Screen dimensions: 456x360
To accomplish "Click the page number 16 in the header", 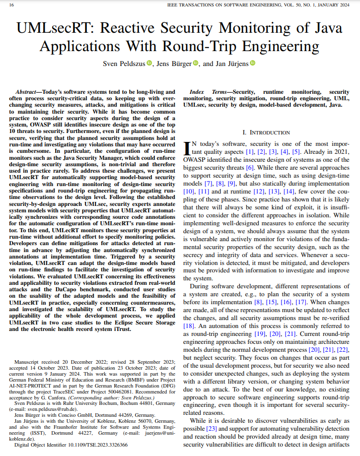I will tap(11, 4).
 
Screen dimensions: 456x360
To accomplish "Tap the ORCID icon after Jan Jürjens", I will tap(252, 63).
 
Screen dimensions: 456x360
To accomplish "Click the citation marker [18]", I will tap(189, 326).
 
